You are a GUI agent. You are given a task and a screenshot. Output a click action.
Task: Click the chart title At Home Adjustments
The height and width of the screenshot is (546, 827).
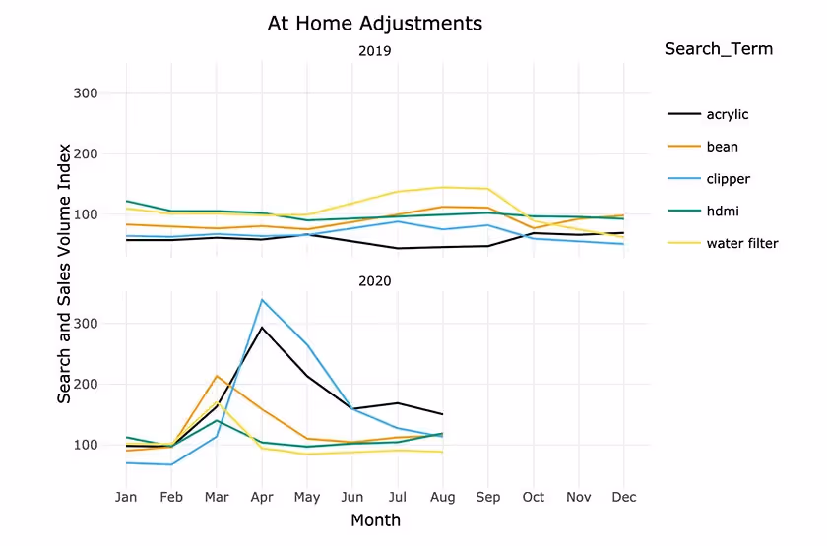(375, 23)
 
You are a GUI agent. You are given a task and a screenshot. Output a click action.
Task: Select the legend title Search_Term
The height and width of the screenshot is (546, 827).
(718, 49)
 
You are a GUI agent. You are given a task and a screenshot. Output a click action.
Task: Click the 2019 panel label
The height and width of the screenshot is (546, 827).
(375, 51)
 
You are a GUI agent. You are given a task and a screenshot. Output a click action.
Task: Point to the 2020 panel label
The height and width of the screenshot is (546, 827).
(375, 280)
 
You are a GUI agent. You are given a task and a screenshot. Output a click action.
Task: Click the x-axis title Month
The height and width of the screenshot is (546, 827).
(375, 520)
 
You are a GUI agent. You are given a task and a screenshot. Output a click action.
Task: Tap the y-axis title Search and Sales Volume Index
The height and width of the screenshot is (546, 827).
(64, 273)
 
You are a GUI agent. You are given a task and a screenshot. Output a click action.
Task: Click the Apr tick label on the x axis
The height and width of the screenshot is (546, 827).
(261, 498)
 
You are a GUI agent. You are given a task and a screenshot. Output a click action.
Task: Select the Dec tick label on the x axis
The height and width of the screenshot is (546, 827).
(623, 498)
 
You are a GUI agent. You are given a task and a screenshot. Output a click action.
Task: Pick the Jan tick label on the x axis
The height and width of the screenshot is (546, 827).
(126, 498)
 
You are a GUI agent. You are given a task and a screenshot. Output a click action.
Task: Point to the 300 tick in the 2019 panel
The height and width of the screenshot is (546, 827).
(86, 93)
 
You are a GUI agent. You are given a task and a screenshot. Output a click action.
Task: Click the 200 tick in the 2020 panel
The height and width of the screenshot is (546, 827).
(86, 384)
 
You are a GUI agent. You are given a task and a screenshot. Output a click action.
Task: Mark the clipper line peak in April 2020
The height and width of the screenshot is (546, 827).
(262, 299)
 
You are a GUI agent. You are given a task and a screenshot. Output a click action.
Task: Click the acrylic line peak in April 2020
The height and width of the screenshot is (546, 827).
(262, 327)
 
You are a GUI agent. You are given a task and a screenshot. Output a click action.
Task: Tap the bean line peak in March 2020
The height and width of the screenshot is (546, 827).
(217, 376)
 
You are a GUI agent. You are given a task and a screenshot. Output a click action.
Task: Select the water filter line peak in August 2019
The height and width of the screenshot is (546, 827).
(443, 187)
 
